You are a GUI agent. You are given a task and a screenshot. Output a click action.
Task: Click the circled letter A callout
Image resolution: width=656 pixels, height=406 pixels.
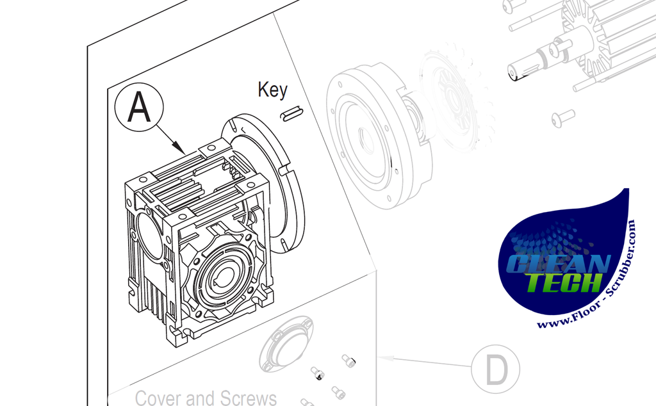(139, 107)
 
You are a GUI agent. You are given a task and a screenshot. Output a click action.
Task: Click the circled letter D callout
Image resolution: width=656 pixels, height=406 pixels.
(496, 369)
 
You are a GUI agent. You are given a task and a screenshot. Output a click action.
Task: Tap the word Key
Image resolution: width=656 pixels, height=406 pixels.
(273, 90)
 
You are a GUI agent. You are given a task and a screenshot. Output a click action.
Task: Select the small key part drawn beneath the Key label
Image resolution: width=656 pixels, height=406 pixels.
(292, 114)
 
